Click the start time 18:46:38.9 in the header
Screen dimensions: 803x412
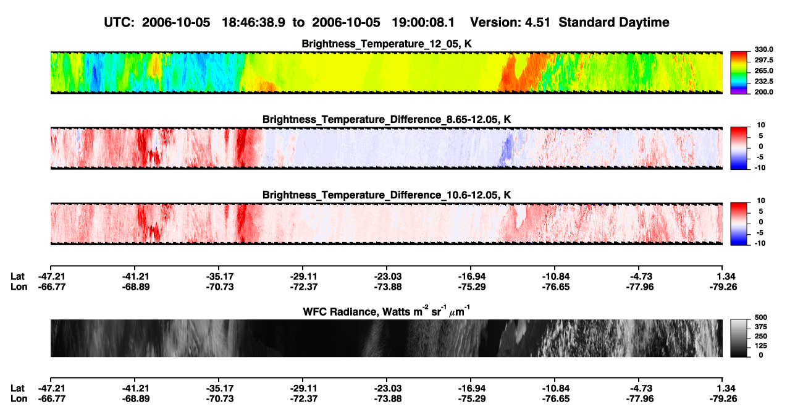[253, 23]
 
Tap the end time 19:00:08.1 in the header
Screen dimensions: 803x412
[423, 23]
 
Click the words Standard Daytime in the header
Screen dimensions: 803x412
[614, 23]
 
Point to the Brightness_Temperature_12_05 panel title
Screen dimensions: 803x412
[387, 44]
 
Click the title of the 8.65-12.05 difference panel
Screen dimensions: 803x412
[387, 119]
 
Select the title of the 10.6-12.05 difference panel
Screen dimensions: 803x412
[387, 195]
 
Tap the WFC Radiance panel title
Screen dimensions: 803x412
[387, 311]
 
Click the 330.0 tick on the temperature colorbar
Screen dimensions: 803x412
[763, 49]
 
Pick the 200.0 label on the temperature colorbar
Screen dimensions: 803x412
[763, 92]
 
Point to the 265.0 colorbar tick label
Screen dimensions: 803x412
[763, 70]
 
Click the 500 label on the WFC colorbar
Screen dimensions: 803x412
[761, 317]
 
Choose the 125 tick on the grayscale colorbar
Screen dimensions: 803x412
[761, 346]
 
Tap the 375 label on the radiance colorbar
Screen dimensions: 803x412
[761, 327]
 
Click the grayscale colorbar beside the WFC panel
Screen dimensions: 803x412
[739, 338]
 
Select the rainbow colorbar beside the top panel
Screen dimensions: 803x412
[739, 73]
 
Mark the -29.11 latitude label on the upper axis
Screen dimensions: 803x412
[303, 277]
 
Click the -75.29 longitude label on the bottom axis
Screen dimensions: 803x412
[472, 399]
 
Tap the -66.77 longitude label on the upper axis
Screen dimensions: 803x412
[52, 287]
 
